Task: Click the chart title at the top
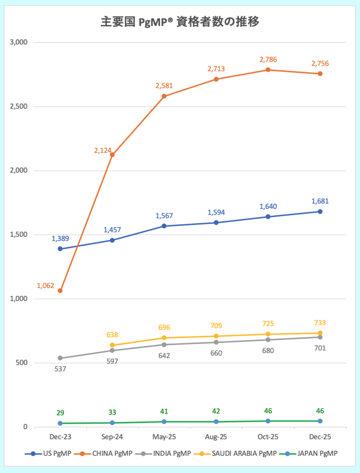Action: point(180,22)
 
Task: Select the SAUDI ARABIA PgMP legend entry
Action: point(245,454)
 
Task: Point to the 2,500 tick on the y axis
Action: point(19,107)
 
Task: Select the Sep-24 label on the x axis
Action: point(112,437)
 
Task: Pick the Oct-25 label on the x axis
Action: point(268,437)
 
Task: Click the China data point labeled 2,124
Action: point(112,154)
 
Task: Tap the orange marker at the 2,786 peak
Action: point(268,70)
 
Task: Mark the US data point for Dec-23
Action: point(60,249)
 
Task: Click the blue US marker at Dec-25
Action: point(320,212)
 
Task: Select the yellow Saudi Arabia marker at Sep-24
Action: point(112,345)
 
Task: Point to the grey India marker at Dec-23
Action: point(60,358)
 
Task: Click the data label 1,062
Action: point(46,286)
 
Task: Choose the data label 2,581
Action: point(164,86)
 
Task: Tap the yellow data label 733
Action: point(319,323)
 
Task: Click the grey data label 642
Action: point(164,356)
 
